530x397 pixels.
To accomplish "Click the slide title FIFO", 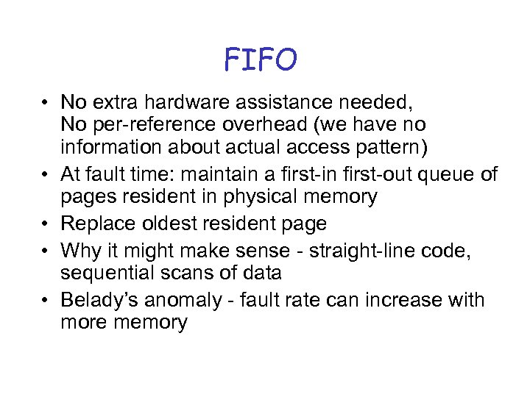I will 261,60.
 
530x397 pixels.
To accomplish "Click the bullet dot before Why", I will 46,250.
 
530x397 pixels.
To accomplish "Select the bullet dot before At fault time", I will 46,174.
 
